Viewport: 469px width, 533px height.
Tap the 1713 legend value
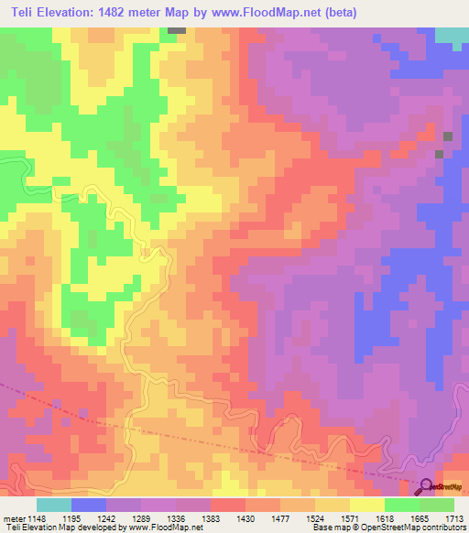[455, 519]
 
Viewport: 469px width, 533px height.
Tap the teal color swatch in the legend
[54, 505]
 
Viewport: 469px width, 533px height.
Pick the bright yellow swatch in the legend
[366, 505]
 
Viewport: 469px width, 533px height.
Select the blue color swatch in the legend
[89, 505]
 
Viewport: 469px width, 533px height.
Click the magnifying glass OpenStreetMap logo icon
[426, 486]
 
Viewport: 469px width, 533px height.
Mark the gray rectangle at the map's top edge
[176, 30]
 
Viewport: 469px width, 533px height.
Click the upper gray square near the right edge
[448, 136]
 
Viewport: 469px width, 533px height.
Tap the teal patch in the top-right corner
[452, 36]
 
